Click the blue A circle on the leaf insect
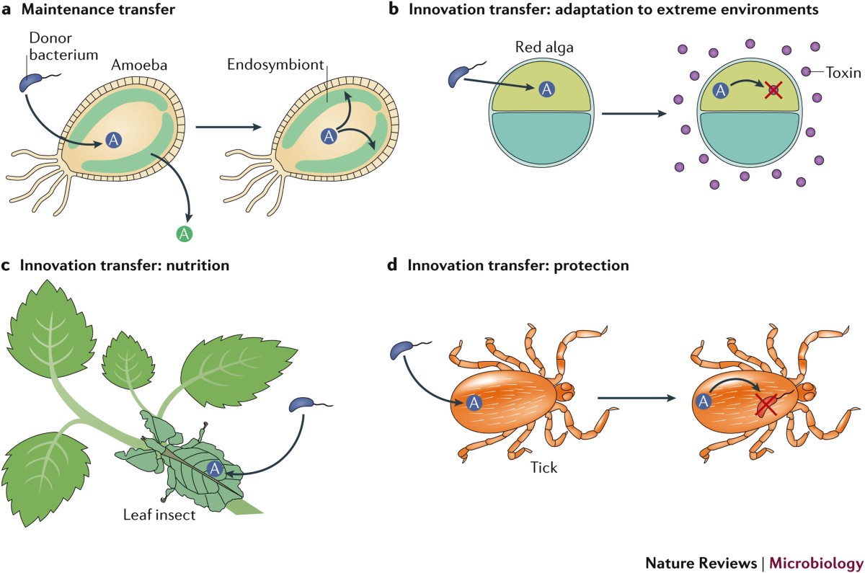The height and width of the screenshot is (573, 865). (x=213, y=468)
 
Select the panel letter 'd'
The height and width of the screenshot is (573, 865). (x=392, y=265)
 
